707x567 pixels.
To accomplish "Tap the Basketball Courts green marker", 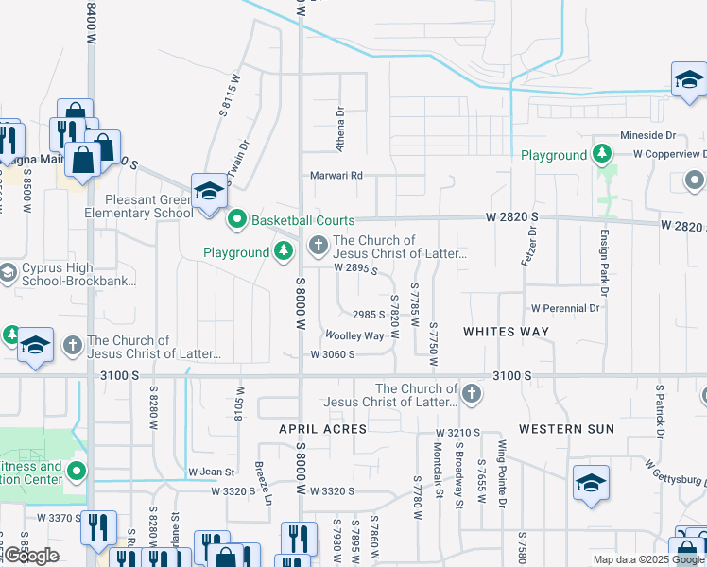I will (x=237, y=221).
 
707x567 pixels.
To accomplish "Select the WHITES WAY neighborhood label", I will (x=506, y=332).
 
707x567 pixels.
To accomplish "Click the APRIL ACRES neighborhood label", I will (x=322, y=429).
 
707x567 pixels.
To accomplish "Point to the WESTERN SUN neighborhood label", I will (x=567, y=429).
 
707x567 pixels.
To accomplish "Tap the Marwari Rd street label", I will (x=337, y=175).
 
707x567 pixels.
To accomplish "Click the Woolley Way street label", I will (x=354, y=335).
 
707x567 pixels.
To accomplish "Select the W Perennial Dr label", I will (x=566, y=308).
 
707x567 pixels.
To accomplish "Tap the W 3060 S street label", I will (x=332, y=354).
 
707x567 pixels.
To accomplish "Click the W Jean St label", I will (x=211, y=472).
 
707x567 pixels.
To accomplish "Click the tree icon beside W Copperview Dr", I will (x=601, y=153).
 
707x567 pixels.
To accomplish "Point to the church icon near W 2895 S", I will (x=319, y=248).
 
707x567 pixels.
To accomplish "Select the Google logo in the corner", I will (x=31, y=556).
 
